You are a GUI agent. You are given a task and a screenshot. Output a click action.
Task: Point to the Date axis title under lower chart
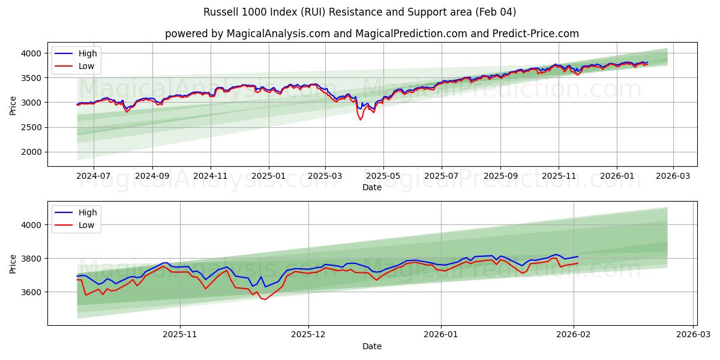[372, 346]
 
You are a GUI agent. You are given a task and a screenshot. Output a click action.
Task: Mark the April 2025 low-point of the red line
[361, 119]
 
